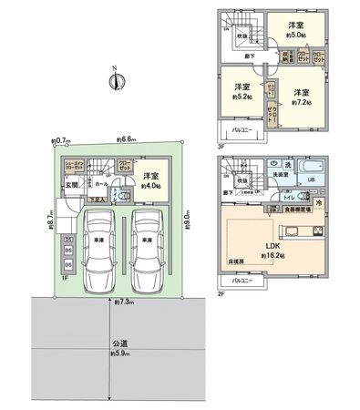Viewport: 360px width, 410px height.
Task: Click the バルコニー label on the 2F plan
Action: coord(241,282)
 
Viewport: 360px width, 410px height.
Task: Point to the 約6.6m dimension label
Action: coord(127,139)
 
